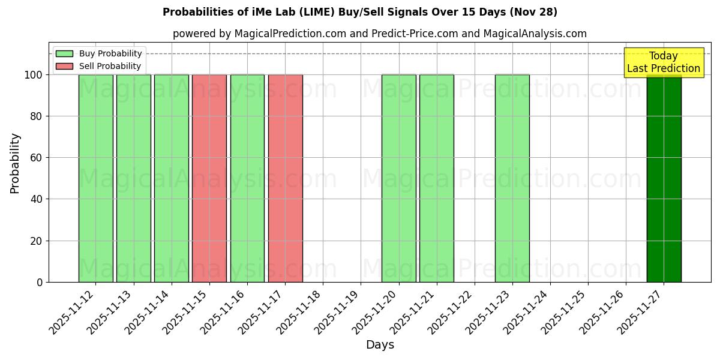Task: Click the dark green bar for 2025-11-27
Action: [664, 180]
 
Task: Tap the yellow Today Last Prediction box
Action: [664, 62]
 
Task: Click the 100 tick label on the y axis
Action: [34, 75]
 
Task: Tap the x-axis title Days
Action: [380, 345]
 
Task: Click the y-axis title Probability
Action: [15, 163]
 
